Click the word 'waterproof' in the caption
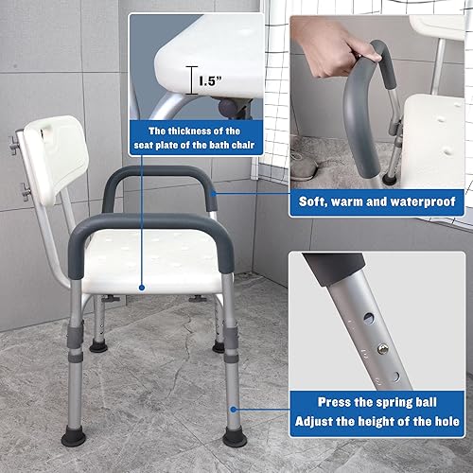[x=425, y=201]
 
